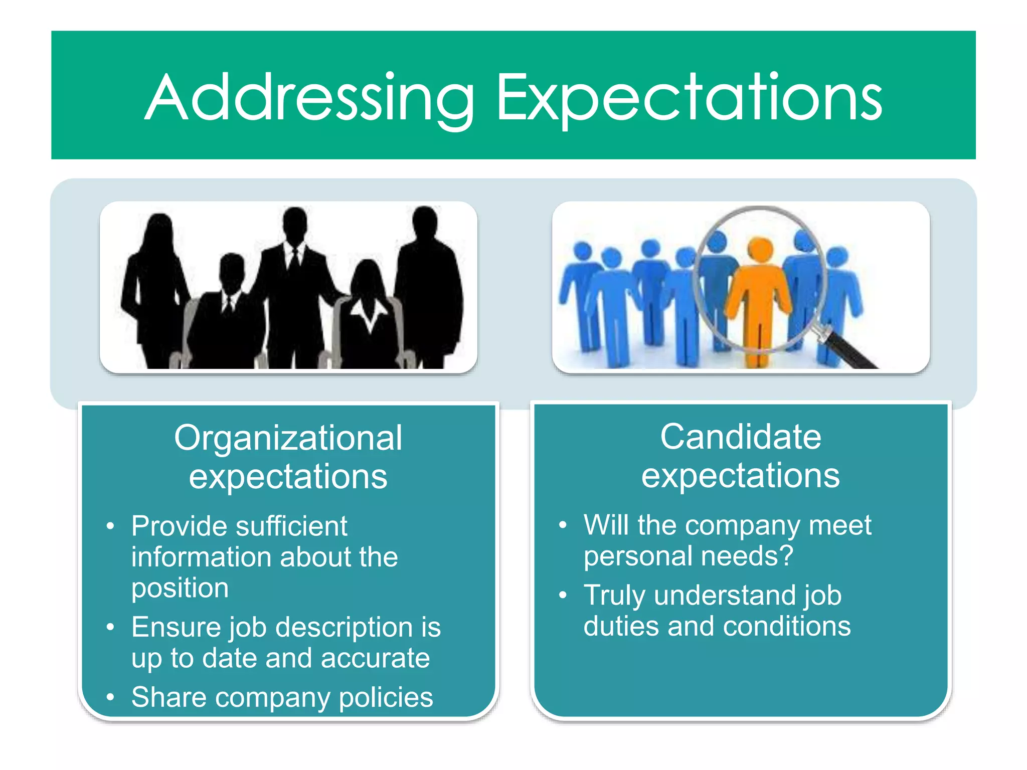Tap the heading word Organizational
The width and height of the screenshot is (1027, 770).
(288, 438)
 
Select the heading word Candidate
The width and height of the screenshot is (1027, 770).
(741, 437)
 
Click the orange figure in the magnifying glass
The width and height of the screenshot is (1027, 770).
(759, 296)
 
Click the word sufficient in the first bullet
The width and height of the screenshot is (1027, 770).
(291, 526)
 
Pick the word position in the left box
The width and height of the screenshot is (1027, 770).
(180, 588)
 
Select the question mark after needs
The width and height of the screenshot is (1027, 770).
(787, 555)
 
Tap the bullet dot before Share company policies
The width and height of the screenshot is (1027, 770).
(110, 697)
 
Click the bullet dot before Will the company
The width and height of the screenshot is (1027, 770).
(563, 525)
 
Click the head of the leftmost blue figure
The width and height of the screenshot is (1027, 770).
(582, 250)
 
